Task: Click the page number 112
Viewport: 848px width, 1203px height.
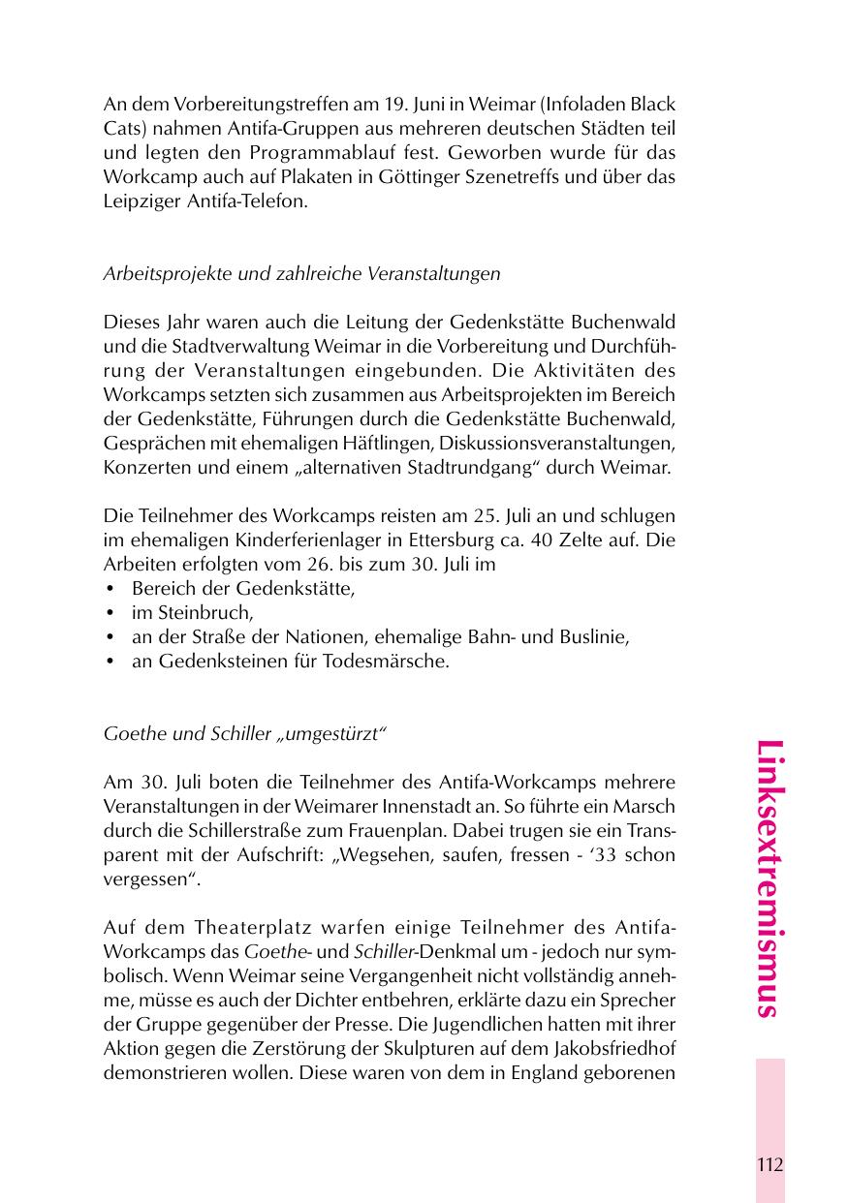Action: (x=770, y=1165)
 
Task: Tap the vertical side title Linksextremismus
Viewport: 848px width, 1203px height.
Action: (x=769, y=879)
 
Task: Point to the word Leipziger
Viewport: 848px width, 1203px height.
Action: (x=141, y=201)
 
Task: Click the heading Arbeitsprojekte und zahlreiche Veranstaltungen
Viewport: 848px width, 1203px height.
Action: (x=301, y=274)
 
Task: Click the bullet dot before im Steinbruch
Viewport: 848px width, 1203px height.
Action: (x=110, y=613)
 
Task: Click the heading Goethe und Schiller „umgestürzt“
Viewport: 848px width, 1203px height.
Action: (x=244, y=733)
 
